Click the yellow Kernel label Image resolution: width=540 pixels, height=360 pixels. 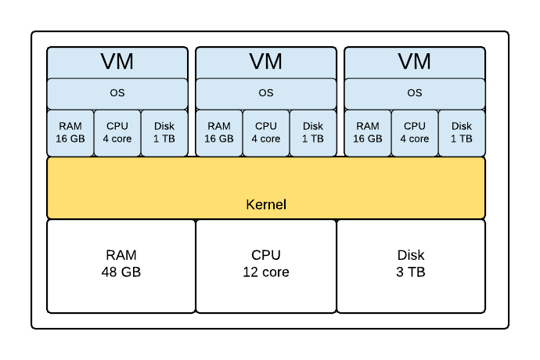[266, 205]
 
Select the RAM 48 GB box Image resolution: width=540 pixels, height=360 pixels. [121, 265]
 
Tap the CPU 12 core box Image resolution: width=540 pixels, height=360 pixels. [266, 265]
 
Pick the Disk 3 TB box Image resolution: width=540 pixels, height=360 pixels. [411, 265]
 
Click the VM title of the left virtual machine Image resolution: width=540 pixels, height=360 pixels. [117, 61]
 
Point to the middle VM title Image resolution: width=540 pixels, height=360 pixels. [266, 61]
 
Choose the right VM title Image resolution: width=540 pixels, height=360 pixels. [415, 61]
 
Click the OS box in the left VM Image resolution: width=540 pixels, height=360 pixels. [117, 93]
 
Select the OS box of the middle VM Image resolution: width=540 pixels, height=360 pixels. [266, 93]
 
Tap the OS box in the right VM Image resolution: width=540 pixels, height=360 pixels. [415, 93]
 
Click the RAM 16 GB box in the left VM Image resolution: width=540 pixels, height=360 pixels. [70, 132]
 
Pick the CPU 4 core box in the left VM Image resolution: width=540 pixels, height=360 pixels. [117, 132]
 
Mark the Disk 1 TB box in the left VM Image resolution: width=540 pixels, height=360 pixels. [164, 132]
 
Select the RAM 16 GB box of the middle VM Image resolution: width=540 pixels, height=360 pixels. [219, 132]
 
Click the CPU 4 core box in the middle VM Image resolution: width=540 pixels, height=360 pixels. [266, 132]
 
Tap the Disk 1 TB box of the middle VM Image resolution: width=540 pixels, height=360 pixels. [313, 132]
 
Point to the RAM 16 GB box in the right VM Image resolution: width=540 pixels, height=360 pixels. [368, 132]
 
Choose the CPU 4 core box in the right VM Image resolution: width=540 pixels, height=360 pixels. [415, 132]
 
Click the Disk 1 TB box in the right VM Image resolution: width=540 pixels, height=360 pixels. [462, 132]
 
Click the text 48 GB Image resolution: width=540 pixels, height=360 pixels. [121, 273]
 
